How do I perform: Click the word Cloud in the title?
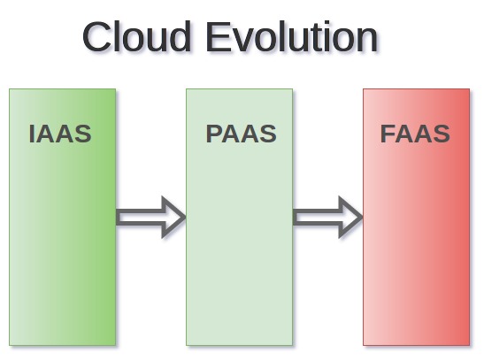pos(136,36)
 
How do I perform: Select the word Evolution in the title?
pos(292,37)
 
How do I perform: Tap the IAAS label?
pos(60,134)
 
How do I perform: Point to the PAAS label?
pos(241,134)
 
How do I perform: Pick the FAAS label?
pos(415,134)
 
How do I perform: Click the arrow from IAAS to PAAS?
pos(151,218)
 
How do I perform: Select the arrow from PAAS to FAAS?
pos(327,218)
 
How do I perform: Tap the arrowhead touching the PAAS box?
pos(173,218)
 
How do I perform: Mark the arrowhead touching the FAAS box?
pos(350,218)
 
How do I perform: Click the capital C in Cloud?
pos(96,37)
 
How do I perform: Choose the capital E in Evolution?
pos(218,36)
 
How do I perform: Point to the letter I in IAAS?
pos(31,134)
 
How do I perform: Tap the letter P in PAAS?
pos(213,134)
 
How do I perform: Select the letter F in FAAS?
pos(388,134)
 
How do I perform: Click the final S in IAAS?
pos(83,134)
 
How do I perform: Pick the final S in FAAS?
pos(442,134)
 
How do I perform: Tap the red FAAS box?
pos(417,218)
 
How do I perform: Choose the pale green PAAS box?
pos(239,218)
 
